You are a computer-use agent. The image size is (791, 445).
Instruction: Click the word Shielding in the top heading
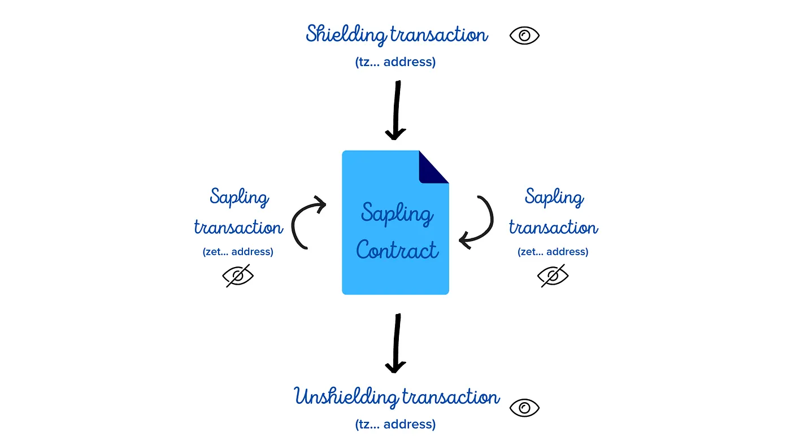(345, 35)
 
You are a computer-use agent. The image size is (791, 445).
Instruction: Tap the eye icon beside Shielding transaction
(524, 36)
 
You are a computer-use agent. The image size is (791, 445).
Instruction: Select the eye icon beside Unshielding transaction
(524, 408)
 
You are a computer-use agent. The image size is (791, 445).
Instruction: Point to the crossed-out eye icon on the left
(238, 276)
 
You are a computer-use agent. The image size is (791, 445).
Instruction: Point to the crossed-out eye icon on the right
(553, 276)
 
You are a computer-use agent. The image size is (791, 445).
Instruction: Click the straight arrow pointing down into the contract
(396, 110)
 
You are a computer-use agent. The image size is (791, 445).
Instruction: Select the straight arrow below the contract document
(396, 343)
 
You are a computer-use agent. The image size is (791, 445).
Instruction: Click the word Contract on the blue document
(397, 250)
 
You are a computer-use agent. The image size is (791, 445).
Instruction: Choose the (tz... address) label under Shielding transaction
(395, 62)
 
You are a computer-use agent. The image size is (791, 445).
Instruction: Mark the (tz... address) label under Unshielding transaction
(395, 424)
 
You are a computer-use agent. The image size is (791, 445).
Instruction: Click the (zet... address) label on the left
(238, 252)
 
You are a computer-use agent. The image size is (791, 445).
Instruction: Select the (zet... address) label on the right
(553, 252)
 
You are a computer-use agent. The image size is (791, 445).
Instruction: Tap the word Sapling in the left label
(240, 198)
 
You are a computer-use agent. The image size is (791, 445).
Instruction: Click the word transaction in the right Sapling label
(553, 228)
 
